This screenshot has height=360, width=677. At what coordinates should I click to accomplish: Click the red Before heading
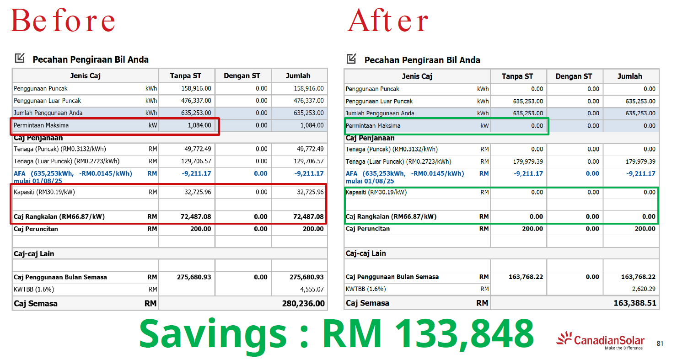pos(63,21)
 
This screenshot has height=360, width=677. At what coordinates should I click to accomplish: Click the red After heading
pos(388,21)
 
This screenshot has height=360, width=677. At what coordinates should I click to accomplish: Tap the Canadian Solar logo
pos(600,341)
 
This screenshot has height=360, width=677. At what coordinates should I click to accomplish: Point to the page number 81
pos(660,344)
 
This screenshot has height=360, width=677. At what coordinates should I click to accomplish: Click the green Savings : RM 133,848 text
pos(336,333)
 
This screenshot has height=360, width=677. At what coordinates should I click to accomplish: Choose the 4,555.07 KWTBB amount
pos(311,289)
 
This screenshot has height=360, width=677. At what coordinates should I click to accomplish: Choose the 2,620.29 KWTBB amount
pos(642,289)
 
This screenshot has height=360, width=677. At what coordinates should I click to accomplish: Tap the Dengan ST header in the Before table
pos(243,76)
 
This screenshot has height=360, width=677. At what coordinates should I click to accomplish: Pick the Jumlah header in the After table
pos(630,76)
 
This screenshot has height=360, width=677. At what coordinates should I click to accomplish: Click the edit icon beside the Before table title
pos(20,58)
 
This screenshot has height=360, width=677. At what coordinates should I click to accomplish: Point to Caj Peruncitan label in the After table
pos(368,228)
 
